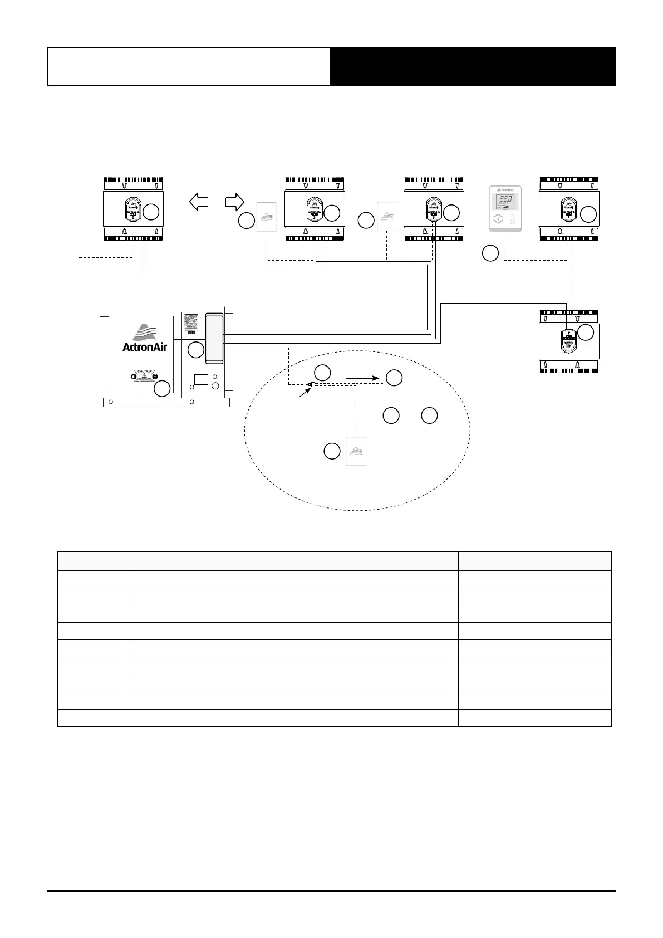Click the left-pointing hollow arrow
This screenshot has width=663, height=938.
pyautogui.click(x=199, y=201)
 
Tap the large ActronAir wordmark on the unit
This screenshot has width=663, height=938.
pyautogui.click(x=145, y=346)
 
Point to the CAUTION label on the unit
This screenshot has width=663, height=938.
pyautogui.click(x=145, y=371)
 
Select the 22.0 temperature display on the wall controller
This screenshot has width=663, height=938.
pyautogui.click(x=505, y=199)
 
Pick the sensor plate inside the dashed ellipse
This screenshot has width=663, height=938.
pyautogui.click(x=356, y=451)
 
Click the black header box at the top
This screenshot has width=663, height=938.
pyautogui.click(x=473, y=66)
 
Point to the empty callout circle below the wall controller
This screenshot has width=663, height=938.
pyautogui.click(x=490, y=254)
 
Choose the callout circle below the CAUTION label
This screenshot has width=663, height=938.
pyautogui.click(x=162, y=389)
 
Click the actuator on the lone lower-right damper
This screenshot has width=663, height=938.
pyautogui.click(x=568, y=340)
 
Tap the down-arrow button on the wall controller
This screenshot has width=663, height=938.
pyautogui.click(x=498, y=219)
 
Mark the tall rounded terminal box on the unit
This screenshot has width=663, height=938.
pyautogui.click(x=214, y=338)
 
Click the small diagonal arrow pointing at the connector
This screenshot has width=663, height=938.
pyautogui.click(x=303, y=393)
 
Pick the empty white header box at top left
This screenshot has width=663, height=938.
pyautogui.click(x=189, y=66)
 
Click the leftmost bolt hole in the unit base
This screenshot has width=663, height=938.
pyautogui.click(x=111, y=402)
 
